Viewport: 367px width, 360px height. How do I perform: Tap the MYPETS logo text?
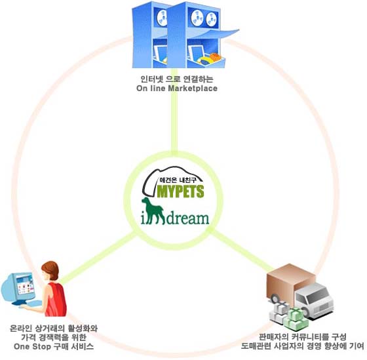180,191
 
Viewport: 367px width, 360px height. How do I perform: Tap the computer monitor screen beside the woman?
25,285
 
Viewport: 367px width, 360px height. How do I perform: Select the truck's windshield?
318,293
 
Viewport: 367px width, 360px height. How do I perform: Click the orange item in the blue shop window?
216,56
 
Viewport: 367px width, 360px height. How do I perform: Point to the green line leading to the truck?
241,249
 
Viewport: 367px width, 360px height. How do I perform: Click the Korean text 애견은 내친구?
178,180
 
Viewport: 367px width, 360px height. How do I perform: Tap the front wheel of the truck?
276,299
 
